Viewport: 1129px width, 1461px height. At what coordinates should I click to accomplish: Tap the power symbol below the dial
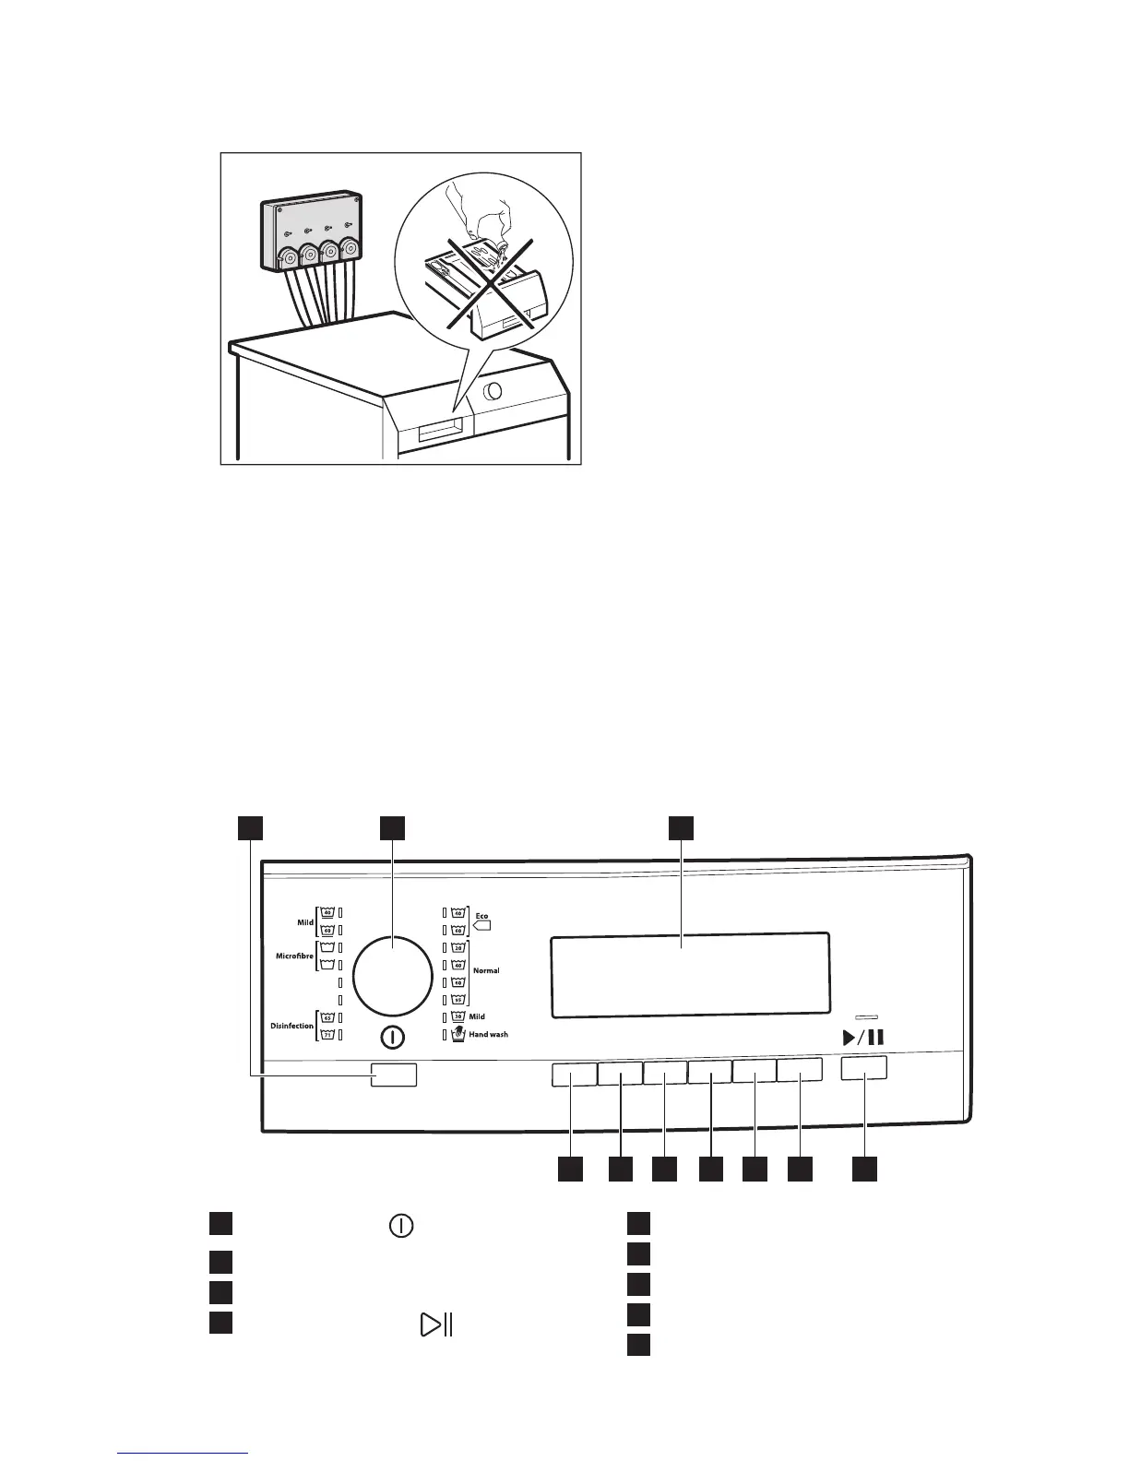392,1038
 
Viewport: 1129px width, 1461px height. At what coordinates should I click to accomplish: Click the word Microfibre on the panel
294,956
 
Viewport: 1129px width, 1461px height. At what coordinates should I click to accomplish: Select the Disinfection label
292,1026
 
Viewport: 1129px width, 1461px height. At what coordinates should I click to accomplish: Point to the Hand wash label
488,1035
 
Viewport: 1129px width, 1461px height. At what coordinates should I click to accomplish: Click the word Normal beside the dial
486,970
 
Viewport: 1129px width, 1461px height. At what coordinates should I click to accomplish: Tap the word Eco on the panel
481,916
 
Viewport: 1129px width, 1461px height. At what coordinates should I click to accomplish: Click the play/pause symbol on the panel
863,1037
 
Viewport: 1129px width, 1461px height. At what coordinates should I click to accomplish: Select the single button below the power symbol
394,1075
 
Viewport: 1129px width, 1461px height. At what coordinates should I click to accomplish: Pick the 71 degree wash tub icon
327,1035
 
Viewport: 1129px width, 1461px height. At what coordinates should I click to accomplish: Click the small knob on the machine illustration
493,391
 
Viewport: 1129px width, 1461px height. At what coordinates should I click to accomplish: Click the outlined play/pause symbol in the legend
435,1325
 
